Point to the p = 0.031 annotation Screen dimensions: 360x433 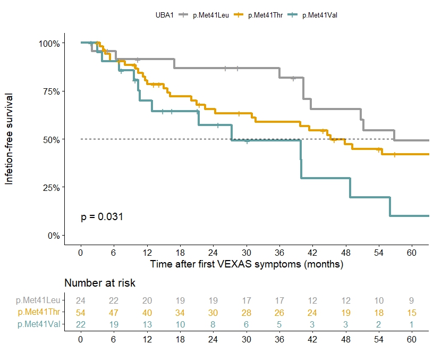(102, 216)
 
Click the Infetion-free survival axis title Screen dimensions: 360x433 (10, 138)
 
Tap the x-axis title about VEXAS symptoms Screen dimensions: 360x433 (247, 264)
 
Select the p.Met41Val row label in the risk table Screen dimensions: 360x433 (40, 324)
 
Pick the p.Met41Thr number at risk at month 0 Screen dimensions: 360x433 (81, 313)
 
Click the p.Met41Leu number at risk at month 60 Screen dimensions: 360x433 (411, 301)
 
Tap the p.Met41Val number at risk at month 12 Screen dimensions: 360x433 (147, 324)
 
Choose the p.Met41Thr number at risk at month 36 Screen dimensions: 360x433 (279, 313)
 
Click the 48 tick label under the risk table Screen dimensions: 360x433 (345, 338)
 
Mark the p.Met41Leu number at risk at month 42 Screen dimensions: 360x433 (312, 301)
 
